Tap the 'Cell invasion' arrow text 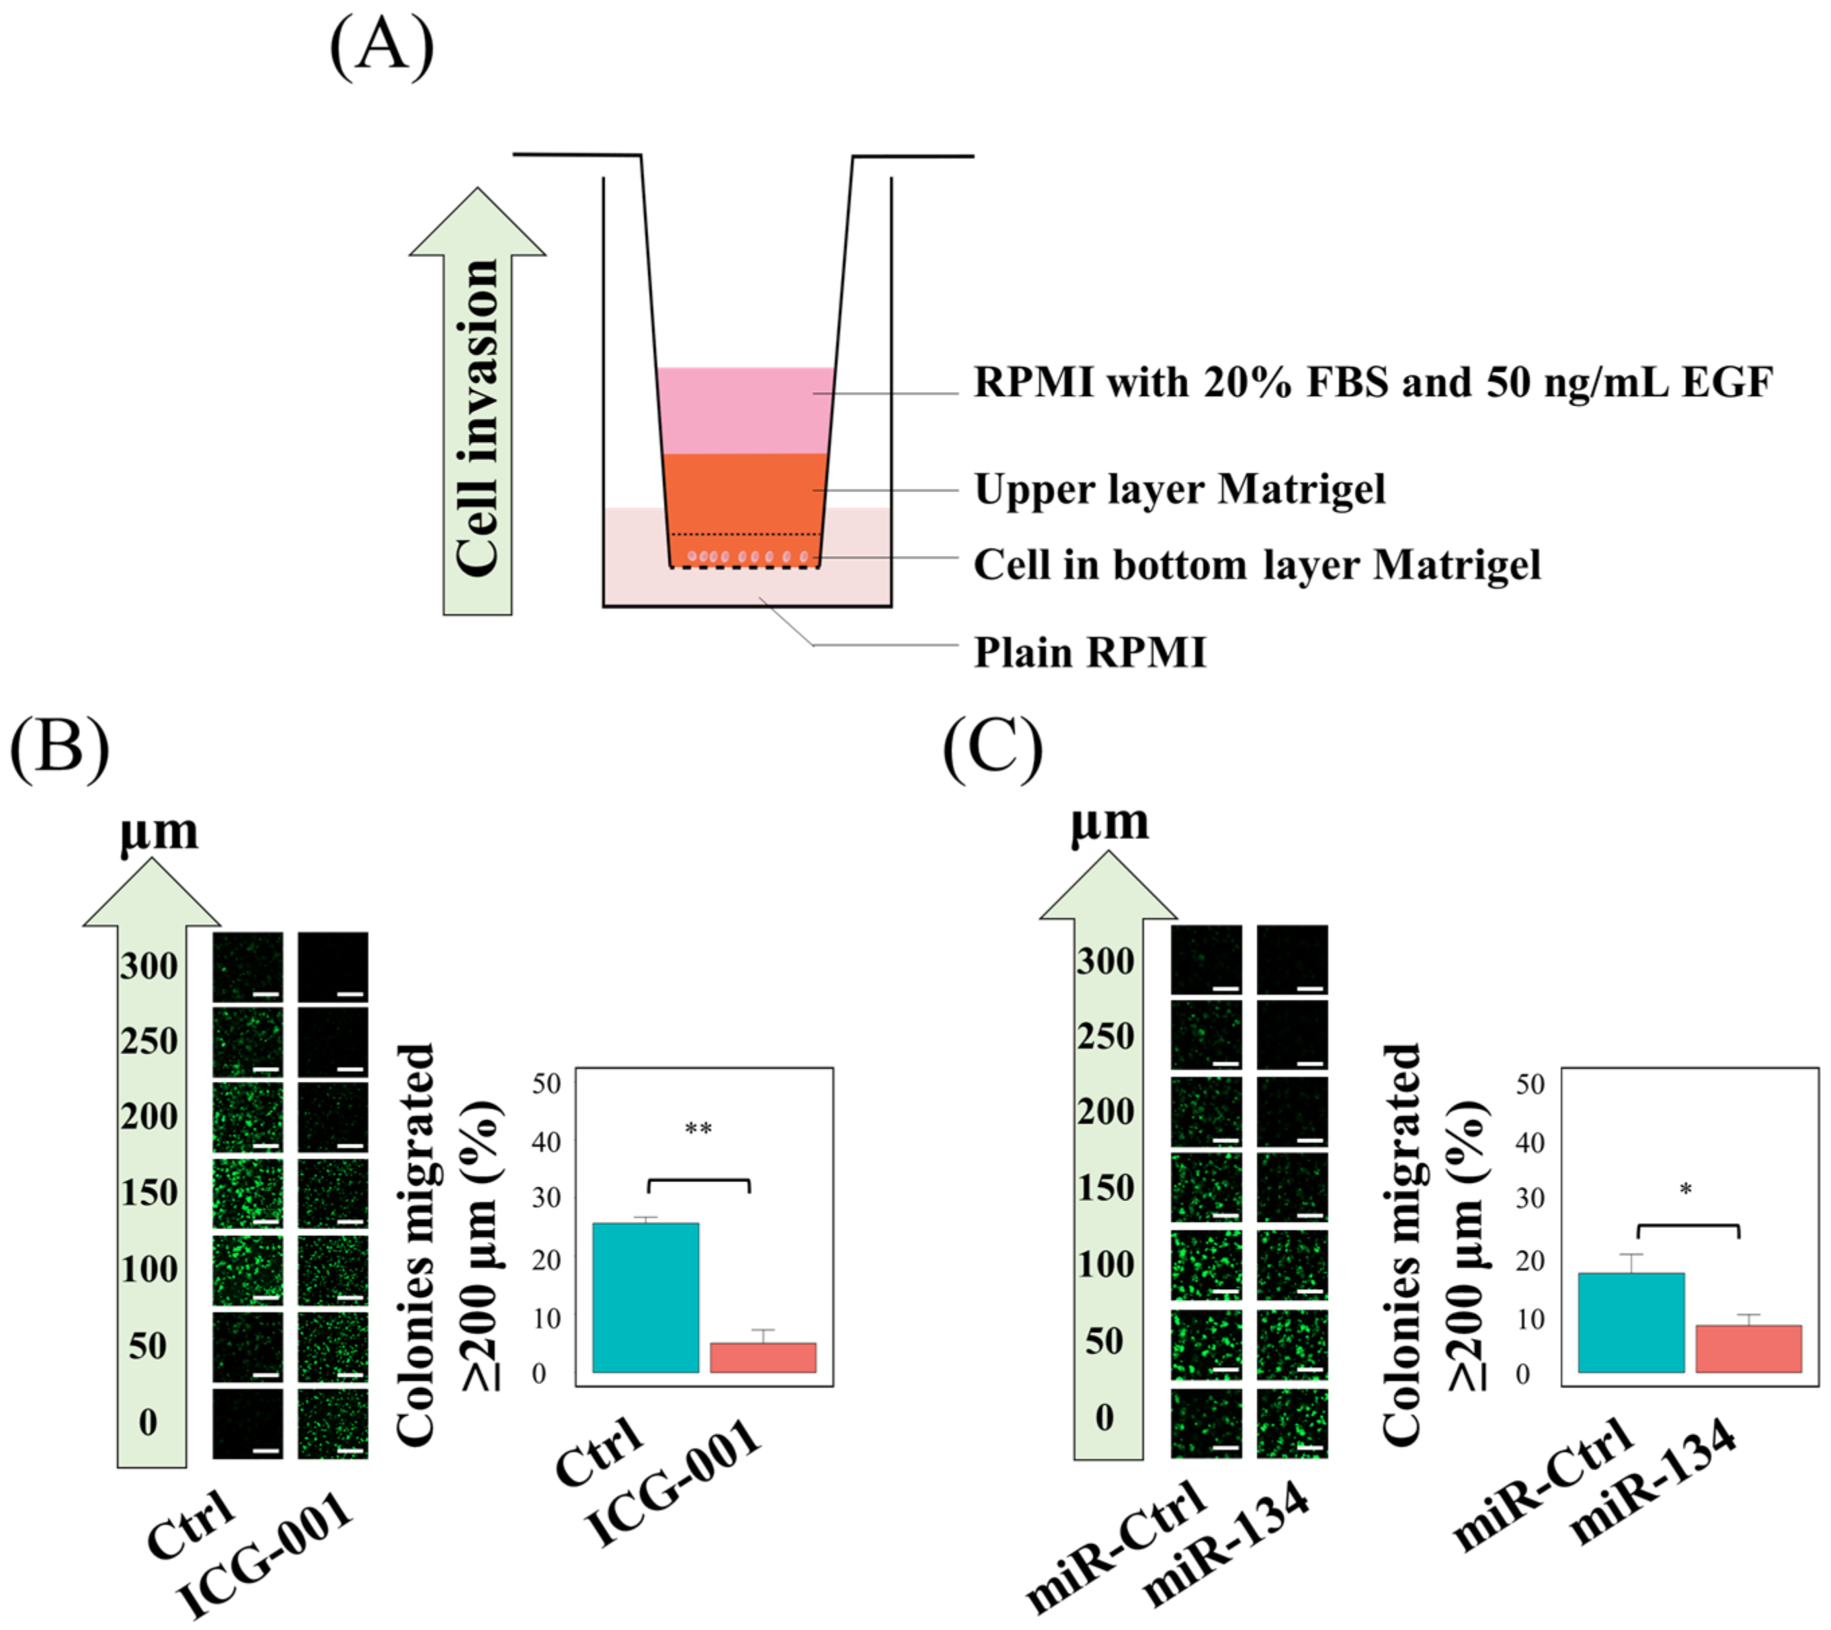pos(477,417)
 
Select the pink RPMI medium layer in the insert pos(745,410)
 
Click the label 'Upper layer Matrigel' pos(1179,490)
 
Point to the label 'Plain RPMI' pos(1090,652)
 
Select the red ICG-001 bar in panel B pos(762,1357)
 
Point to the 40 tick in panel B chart pos(546,1142)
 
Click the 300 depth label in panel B pos(149,966)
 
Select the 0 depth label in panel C pos(1104,1417)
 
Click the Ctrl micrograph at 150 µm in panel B pos(247,1193)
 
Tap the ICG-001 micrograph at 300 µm pos(332,966)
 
